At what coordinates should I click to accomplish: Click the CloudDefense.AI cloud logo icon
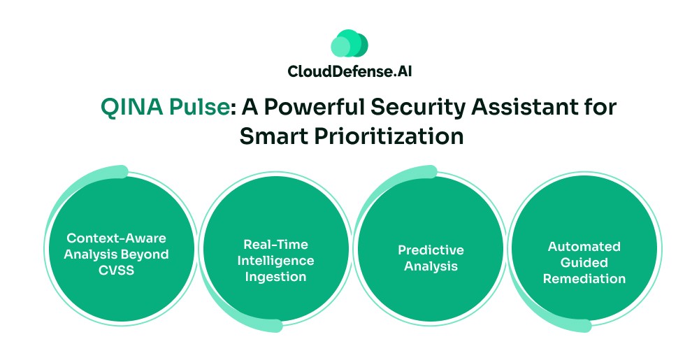(x=349, y=43)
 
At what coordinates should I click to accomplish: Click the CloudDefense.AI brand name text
(x=349, y=71)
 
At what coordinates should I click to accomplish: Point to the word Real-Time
(x=275, y=245)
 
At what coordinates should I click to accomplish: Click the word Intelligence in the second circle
(x=275, y=261)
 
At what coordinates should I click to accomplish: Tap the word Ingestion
(x=275, y=277)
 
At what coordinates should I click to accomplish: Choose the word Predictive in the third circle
(x=431, y=250)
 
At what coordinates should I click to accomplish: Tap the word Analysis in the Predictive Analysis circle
(x=431, y=266)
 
